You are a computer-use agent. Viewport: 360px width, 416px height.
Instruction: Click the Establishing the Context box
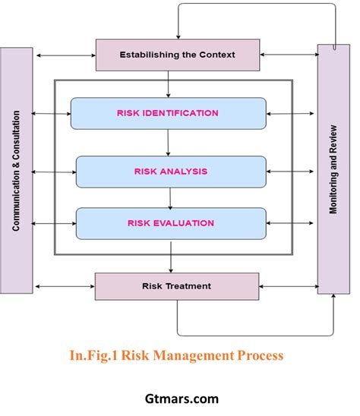[177, 55]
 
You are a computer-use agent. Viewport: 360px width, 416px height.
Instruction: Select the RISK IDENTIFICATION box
[168, 113]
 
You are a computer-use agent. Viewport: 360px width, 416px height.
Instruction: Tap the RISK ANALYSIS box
[171, 172]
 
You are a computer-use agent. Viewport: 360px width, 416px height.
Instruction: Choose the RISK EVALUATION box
[171, 223]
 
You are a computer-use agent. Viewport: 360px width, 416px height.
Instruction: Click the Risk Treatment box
[177, 286]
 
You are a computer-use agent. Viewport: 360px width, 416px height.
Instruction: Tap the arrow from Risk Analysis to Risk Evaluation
[170, 197]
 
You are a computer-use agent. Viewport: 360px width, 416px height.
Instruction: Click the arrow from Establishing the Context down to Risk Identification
[169, 84]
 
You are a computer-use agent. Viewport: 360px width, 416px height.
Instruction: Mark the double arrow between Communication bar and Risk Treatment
[63, 286]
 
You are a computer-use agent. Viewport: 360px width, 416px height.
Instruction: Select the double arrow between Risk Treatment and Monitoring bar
[288, 286]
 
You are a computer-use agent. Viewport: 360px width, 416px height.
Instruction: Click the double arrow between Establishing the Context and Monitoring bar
[288, 55]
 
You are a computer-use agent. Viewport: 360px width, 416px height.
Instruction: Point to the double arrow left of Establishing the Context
[63, 55]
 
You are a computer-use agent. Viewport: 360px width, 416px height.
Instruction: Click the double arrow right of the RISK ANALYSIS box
[291, 172]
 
